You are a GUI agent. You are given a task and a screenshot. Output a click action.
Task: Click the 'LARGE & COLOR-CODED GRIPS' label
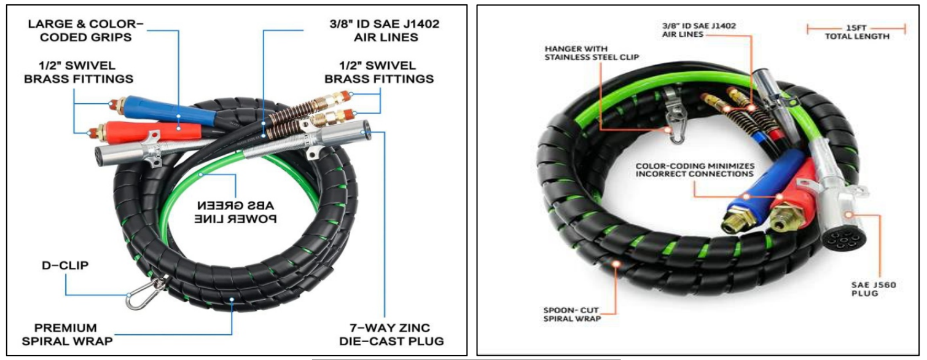(x=85, y=31)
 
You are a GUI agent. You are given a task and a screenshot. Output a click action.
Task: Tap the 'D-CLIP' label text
(x=65, y=265)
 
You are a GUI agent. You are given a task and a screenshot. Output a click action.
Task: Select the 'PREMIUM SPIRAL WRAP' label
(x=67, y=334)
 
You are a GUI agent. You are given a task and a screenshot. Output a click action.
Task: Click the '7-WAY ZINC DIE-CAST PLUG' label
(x=391, y=334)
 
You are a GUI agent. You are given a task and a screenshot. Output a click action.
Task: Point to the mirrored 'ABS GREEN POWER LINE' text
(x=235, y=212)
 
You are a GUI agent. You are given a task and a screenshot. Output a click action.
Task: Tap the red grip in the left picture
(x=153, y=131)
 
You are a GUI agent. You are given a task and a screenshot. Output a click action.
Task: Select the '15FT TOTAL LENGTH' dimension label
(x=856, y=33)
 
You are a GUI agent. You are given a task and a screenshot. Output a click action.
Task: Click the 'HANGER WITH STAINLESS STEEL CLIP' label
(x=592, y=53)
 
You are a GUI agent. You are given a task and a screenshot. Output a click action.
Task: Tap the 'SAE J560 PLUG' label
(x=873, y=289)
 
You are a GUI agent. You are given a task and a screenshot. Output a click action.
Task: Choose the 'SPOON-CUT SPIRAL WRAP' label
(x=572, y=314)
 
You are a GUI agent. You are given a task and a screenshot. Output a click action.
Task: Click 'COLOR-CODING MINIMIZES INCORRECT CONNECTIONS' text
(x=695, y=170)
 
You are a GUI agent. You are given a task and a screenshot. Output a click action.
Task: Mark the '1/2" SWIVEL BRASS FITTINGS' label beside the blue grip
(x=79, y=72)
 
